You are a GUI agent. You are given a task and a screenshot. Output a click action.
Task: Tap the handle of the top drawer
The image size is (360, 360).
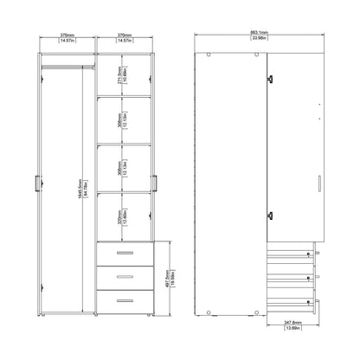124,251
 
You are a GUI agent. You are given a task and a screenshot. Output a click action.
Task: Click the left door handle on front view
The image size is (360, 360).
37,183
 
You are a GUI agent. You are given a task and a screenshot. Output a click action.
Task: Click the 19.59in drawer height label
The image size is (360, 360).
175,274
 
